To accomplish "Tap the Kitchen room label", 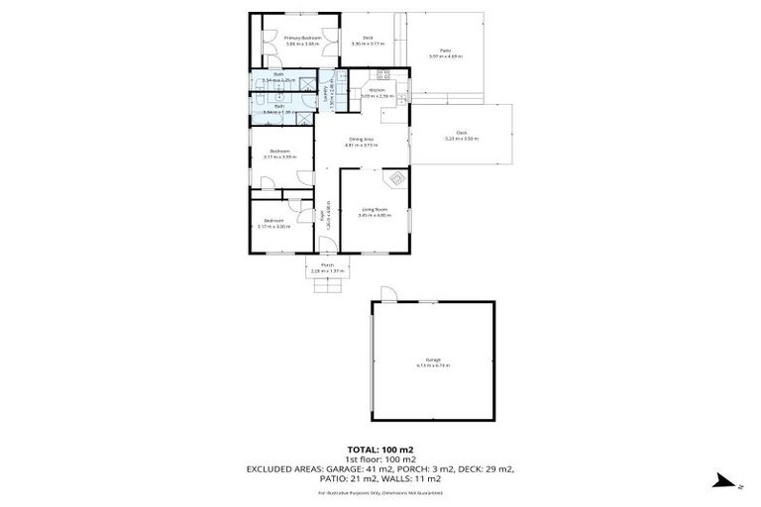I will click(378, 90).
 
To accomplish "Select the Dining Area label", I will click(361, 140).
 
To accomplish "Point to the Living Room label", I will click(374, 209).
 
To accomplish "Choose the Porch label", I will click(326, 265).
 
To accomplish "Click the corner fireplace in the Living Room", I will click(396, 179).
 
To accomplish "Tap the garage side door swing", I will click(389, 294).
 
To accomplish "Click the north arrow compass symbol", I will click(722, 481).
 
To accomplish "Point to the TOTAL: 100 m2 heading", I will click(380, 449).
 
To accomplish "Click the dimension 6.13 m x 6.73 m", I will click(434, 365).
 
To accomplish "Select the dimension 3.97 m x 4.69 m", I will click(447, 56).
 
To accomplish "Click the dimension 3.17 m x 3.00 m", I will click(272, 227).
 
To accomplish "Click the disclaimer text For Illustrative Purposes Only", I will click(380, 492).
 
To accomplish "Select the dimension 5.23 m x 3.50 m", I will click(462, 139).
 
